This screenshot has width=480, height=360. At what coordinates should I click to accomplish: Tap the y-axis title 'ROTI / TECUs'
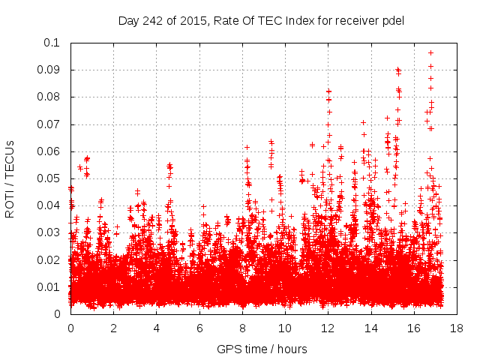click(x=10, y=178)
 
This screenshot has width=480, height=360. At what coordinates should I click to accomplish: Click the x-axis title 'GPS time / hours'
click(x=262, y=349)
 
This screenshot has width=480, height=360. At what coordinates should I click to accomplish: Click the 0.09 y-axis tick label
click(x=51, y=70)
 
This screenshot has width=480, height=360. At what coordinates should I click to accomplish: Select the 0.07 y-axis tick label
click(x=51, y=124)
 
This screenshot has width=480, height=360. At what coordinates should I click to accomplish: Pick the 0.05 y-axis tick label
click(x=51, y=178)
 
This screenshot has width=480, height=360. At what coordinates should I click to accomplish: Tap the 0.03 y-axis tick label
click(x=51, y=232)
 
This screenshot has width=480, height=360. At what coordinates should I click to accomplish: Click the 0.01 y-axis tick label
click(x=51, y=287)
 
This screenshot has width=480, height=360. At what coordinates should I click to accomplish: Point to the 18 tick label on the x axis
click(x=457, y=328)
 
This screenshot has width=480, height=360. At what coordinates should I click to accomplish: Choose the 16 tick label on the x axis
click(x=415, y=328)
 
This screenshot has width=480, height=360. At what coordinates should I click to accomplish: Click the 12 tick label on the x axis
click(x=328, y=328)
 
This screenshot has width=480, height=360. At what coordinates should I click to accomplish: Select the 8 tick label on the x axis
click(x=242, y=328)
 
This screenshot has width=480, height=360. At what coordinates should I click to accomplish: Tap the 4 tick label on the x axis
click(x=157, y=328)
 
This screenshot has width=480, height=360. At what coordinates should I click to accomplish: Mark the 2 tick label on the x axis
click(x=113, y=328)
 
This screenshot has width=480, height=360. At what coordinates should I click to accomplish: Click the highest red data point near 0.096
click(x=430, y=52)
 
